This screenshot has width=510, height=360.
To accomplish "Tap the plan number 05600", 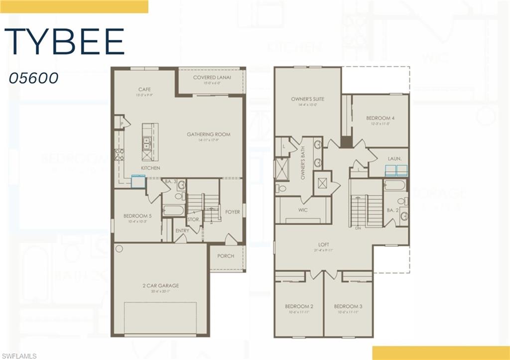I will (x=34, y=78).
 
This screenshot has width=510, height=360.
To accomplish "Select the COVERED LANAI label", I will (x=212, y=78).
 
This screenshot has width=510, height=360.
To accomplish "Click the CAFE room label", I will (x=144, y=90).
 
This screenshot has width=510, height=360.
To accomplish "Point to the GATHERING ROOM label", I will (x=209, y=134).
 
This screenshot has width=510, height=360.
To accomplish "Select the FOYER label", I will (x=233, y=212).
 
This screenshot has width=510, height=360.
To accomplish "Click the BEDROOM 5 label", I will (x=137, y=216).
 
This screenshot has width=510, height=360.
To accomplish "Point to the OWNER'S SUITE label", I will (x=307, y=99).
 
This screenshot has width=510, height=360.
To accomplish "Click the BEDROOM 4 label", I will (x=380, y=118).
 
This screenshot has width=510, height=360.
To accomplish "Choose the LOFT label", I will (x=324, y=245).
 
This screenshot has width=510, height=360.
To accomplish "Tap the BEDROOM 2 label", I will (x=299, y=306).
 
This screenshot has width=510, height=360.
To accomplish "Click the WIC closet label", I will (x=303, y=210).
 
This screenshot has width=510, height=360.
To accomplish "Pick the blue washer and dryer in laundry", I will (x=396, y=171).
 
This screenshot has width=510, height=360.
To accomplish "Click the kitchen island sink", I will (x=147, y=144).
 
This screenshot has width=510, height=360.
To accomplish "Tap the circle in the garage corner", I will (x=119, y=248).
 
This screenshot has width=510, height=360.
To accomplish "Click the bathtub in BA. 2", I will (x=395, y=185).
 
